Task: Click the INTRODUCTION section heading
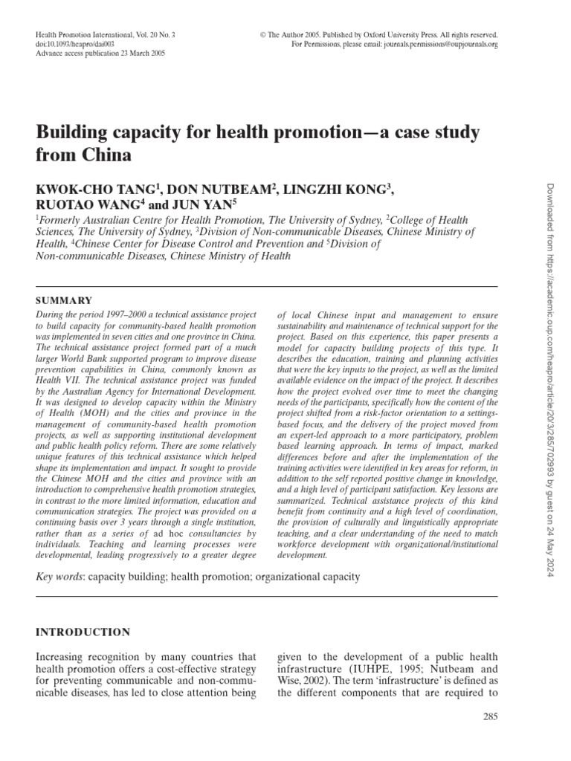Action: click(x=83, y=632)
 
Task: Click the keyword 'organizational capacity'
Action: click(x=307, y=576)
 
